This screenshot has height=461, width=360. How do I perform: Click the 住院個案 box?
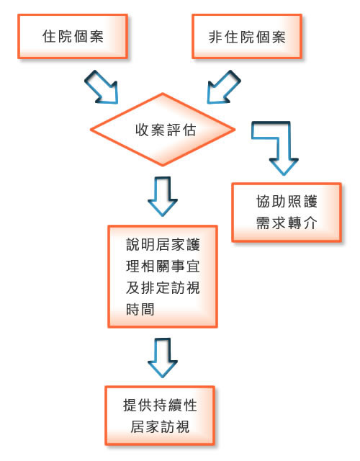click(x=73, y=37)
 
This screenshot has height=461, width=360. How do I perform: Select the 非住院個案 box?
click(x=247, y=37)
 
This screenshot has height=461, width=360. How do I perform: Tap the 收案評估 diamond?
click(x=163, y=130)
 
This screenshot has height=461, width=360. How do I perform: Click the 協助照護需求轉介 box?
click(x=287, y=212)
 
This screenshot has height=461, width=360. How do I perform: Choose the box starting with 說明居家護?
click(x=163, y=277)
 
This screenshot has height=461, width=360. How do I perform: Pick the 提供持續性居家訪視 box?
click(x=160, y=416)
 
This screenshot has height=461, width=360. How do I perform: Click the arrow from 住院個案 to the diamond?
click(x=102, y=88)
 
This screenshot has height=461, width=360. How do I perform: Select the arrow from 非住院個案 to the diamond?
click(x=223, y=88)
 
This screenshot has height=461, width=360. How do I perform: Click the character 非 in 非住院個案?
click(x=215, y=37)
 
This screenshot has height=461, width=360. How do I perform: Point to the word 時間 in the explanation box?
click(x=140, y=309)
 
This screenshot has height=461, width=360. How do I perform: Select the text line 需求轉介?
click(x=287, y=223)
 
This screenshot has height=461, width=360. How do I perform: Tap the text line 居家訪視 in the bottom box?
click(x=160, y=426)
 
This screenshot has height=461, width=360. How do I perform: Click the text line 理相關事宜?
click(x=163, y=267)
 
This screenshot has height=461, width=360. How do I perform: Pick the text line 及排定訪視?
click(x=163, y=288)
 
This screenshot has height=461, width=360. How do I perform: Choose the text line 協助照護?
click(x=287, y=202)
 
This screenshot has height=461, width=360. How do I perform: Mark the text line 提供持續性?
click(x=160, y=405)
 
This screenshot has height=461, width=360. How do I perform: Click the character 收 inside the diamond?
click(x=142, y=130)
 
